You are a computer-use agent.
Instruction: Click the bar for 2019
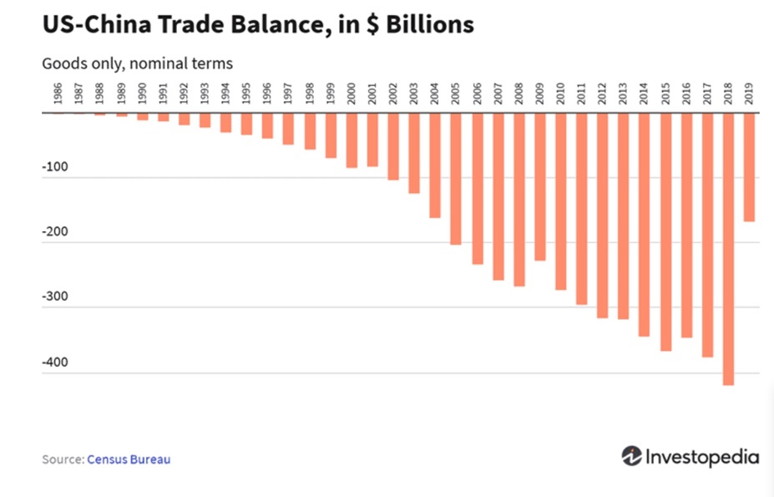pyautogui.click(x=749, y=167)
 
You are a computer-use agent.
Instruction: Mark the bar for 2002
pyautogui.click(x=393, y=146)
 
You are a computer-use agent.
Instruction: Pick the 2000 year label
pyautogui.click(x=351, y=94)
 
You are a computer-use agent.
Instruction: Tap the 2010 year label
pyautogui.click(x=560, y=94)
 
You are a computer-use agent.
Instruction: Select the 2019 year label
pyautogui.click(x=749, y=94)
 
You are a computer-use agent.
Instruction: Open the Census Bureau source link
pyautogui.click(x=129, y=459)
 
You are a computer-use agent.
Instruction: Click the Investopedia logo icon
pyautogui.click(x=632, y=456)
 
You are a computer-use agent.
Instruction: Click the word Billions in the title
pyautogui.click(x=426, y=25)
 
